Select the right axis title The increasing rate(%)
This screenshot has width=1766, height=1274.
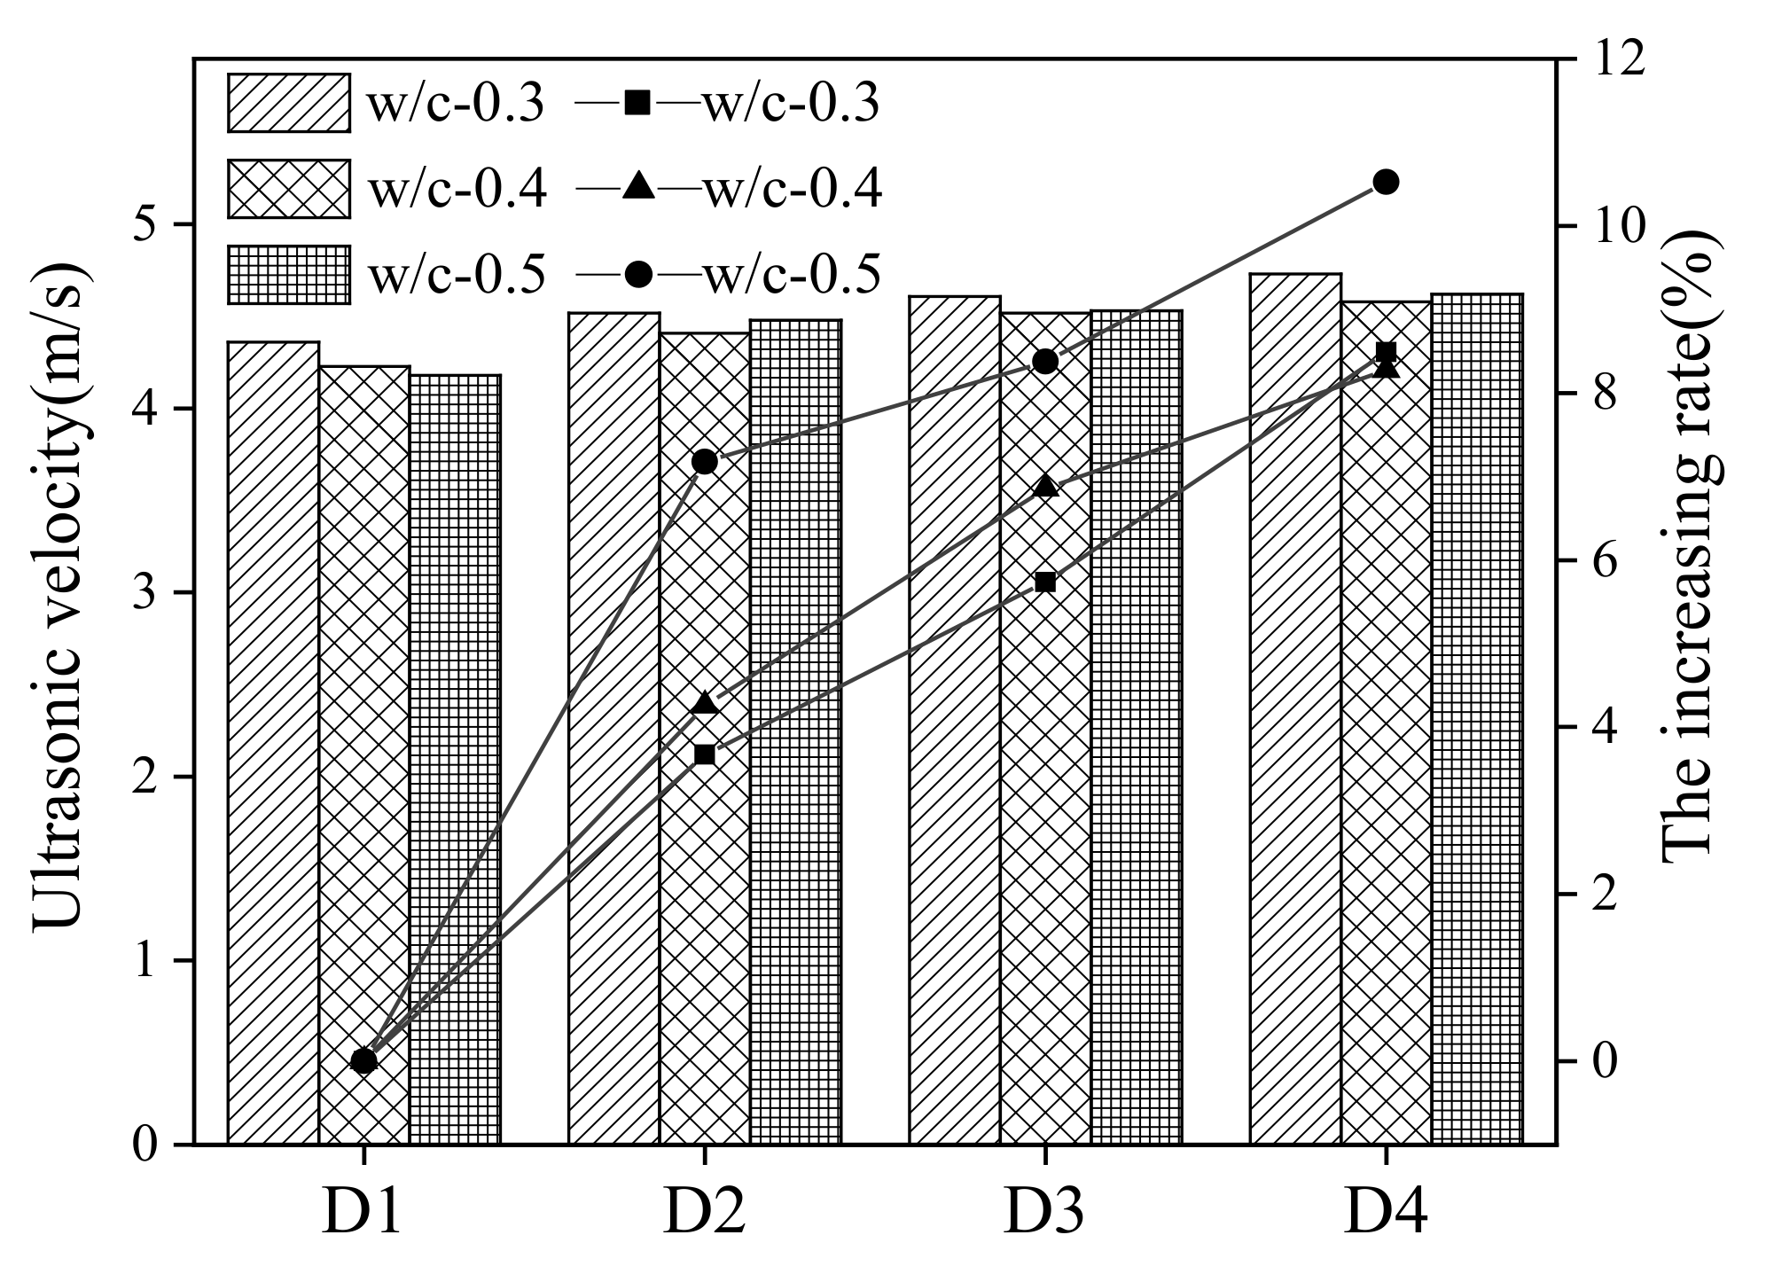click(1689, 543)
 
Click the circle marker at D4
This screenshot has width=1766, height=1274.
click(1385, 183)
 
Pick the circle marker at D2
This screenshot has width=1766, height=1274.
click(704, 462)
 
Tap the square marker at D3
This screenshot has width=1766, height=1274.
click(1044, 582)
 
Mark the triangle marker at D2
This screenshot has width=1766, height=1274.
click(704, 703)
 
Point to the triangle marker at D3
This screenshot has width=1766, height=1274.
click(1044, 486)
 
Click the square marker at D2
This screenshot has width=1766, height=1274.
click(704, 754)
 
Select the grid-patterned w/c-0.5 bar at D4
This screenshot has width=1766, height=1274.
click(1476, 718)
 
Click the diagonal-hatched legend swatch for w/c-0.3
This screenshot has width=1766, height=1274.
click(288, 103)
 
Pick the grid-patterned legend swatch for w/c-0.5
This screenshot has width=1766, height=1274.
click(288, 274)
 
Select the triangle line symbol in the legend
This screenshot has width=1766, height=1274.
click(638, 188)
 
